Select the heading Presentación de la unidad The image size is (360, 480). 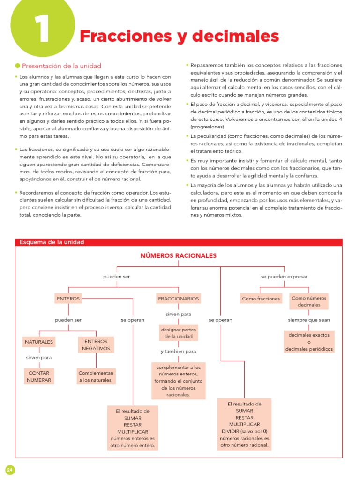[61, 66]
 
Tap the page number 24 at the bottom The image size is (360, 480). [10, 469]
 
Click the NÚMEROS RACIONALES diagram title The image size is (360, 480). [178, 255]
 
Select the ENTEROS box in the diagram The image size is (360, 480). [68, 298]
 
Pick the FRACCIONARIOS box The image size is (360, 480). [179, 298]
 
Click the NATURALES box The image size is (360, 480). [39, 342]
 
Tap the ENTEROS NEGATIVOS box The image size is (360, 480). [96, 345]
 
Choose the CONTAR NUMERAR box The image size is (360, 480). [39, 376]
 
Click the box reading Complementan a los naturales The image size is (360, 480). [96, 376]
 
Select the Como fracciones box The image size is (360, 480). [261, 299]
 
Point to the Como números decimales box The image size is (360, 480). [309, 301]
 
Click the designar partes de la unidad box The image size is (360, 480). [179, 333]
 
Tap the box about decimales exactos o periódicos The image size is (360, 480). [309, 342]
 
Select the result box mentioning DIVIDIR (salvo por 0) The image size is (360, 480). [244, 424]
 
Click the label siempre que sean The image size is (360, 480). [309, 320]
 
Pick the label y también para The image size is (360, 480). [178, 351]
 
